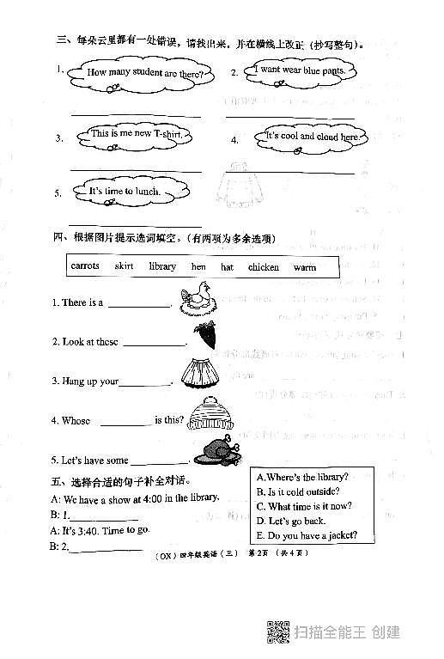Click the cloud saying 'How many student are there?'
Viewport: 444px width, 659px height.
click(145, 74)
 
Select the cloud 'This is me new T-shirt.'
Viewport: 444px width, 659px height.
click(137, 134)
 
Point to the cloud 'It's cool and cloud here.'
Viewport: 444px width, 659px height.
click(313, 137)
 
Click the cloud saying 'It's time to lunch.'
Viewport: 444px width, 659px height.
click(125, 191)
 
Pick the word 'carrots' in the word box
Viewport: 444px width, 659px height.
click(84, 266)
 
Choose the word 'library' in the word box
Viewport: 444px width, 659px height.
click(162, 266)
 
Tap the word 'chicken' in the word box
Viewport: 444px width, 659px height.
click(264, 267)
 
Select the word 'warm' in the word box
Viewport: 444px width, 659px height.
click(305, 267)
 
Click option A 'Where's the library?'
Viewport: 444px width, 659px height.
click(302, 477)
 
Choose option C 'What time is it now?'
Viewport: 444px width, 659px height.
click(304, 506)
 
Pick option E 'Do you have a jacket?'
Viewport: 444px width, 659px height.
click(307, 535)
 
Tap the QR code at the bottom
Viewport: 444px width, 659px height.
click(277, 632)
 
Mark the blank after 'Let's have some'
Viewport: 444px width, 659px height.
click(159, 462)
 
